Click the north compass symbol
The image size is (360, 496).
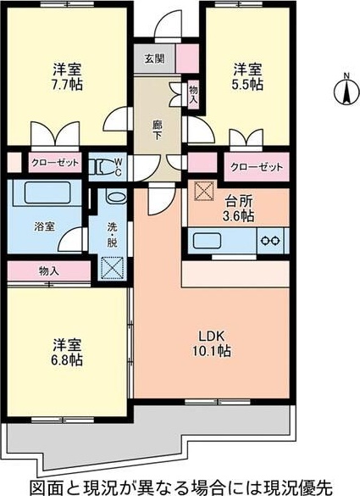pos(346,88)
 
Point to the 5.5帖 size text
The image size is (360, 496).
pos(247,86)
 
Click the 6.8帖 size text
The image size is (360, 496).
pos(67,360)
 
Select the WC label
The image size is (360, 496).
pos(118,165)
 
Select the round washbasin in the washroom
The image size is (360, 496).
pos(116,198)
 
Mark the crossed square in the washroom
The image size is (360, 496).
pos(113,268)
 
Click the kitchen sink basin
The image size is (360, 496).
pos(213,241)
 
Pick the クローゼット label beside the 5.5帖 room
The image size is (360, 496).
pos(252,165)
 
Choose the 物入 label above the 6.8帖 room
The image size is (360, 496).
pos(49,271)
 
